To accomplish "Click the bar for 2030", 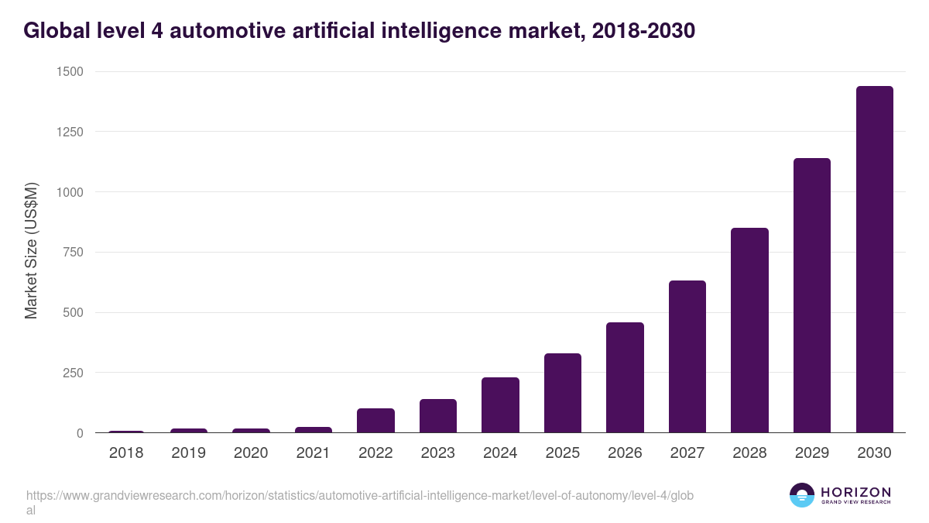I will click(874, 260).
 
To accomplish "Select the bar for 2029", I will click(811, 295).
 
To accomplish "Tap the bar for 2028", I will click(749, 330).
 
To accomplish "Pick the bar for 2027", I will click(687, 356).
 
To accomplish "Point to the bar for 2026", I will click(625, 377).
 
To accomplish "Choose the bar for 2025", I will click(562, 393).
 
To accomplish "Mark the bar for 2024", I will click(500, 405).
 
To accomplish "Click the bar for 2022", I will click(375, 421).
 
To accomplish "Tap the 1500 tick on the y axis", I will click(70, 72).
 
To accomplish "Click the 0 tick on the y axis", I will click(80, 433).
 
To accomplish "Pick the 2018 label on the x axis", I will click(126, 453).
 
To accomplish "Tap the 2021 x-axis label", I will click(314, 453).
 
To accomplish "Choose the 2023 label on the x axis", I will click(438, 453).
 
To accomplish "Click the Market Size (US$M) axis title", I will click(31, 252).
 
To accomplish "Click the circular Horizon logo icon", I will click(801, 495).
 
